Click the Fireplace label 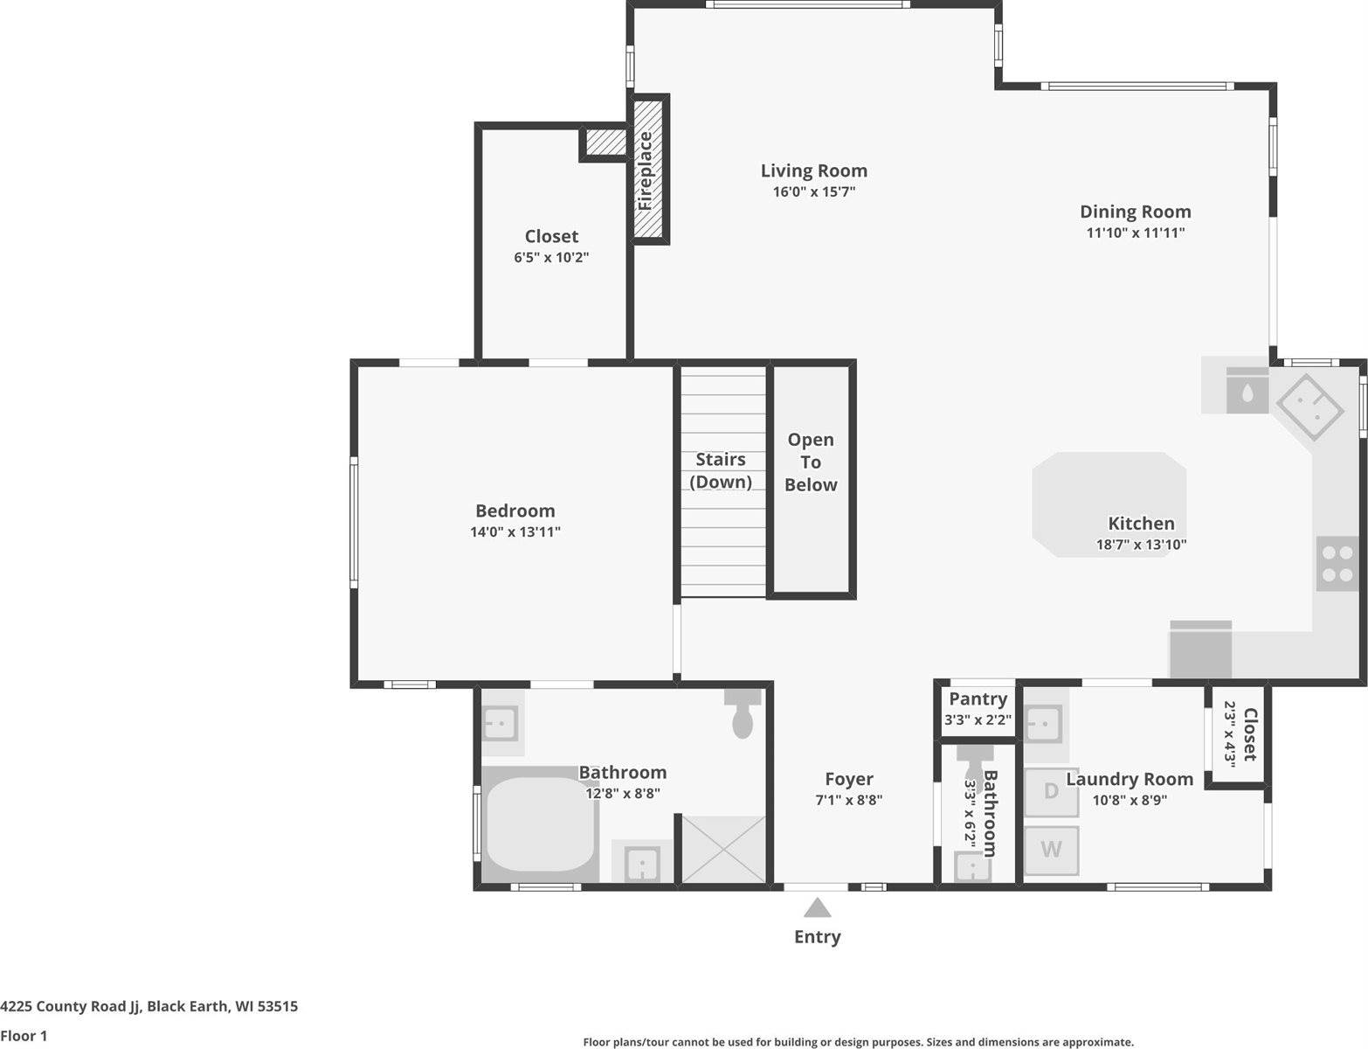646,170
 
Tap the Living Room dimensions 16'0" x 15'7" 813,192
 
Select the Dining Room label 1135,212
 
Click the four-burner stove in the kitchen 1337,564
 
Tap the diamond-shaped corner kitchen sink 1309,406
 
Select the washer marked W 1051,849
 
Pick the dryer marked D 1051,792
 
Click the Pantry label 978,699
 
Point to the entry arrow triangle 817,908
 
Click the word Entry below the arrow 817,937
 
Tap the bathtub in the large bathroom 539,824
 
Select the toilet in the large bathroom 743,716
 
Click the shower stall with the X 722,849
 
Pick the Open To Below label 810,462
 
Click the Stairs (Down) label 721,470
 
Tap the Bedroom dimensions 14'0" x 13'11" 515,532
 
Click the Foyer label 848,779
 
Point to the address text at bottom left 149,1006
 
